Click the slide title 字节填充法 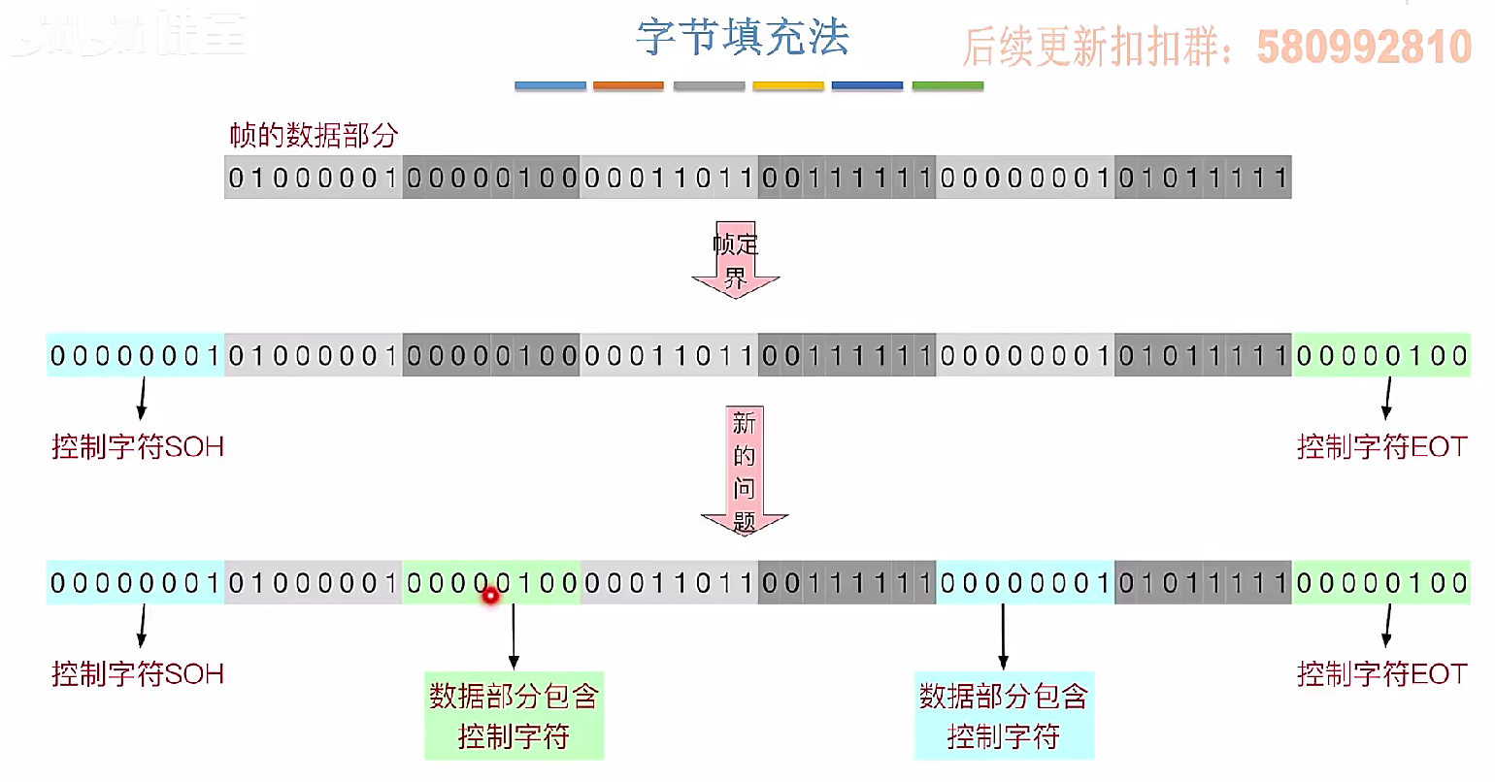coord(743,39)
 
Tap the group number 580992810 coord(1364,47)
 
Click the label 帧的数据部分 coord(314,135)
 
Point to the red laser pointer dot coord(491,595)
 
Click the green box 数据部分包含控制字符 coord(514,715)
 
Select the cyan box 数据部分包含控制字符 coord(1004,715)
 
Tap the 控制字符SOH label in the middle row coord(138,447)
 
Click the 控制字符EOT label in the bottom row coord(1381,673)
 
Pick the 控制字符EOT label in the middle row coord(1381,447)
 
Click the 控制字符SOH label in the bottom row coord(138,673)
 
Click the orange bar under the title coord(628,86)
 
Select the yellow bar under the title coord(788,86)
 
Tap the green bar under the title coord(947,86)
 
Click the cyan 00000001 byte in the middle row coord(135,356)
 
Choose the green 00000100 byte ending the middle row coord(1381,356)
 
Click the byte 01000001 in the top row coord(314,178)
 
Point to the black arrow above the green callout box coord(514,635)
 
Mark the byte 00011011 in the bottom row coord(669,583)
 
